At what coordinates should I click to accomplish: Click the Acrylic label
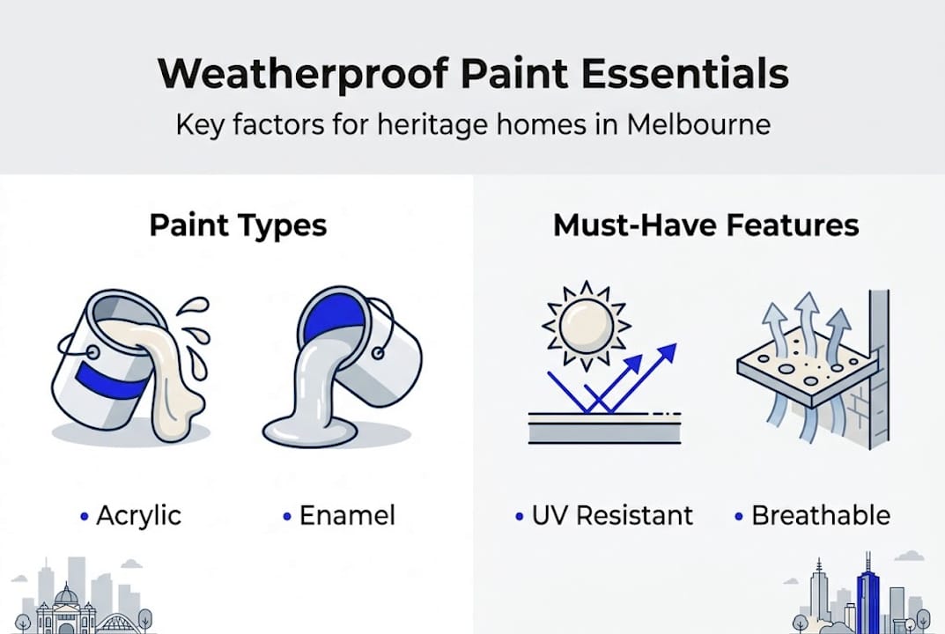(139, 515)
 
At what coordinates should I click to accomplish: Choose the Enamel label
(347, 515)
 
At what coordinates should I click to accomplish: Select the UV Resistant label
(612, 515)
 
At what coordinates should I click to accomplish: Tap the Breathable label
(820, 515)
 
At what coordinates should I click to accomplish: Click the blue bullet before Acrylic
(84, 516)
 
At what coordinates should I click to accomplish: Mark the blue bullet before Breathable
(738, 516)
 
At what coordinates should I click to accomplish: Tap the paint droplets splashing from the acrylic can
(196, 321)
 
